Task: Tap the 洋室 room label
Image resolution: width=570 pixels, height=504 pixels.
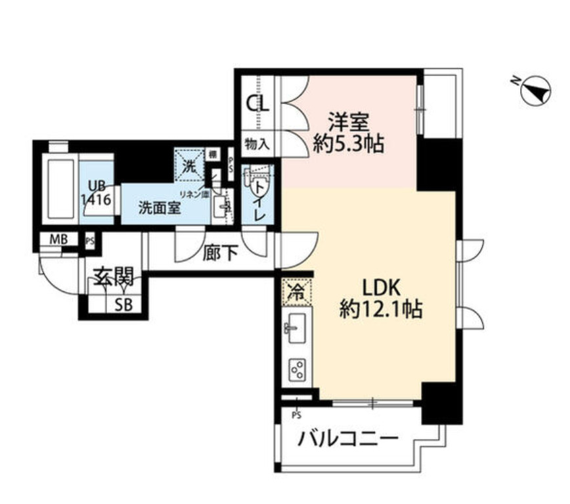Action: tap(349, 121)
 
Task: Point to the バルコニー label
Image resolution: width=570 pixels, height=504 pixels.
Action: tap(349, 438)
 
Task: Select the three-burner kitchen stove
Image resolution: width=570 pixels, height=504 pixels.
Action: tap(297, 369)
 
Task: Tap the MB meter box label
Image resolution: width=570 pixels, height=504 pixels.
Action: tap(59, 240)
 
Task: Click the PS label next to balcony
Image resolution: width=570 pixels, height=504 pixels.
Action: tap(296, 415)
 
